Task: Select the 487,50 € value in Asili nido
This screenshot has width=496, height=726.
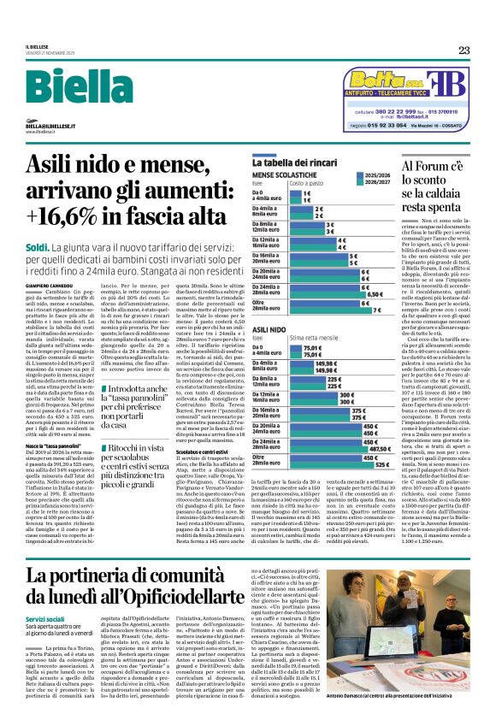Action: click(378, 447)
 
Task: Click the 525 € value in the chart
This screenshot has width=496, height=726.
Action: click(381, 463)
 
